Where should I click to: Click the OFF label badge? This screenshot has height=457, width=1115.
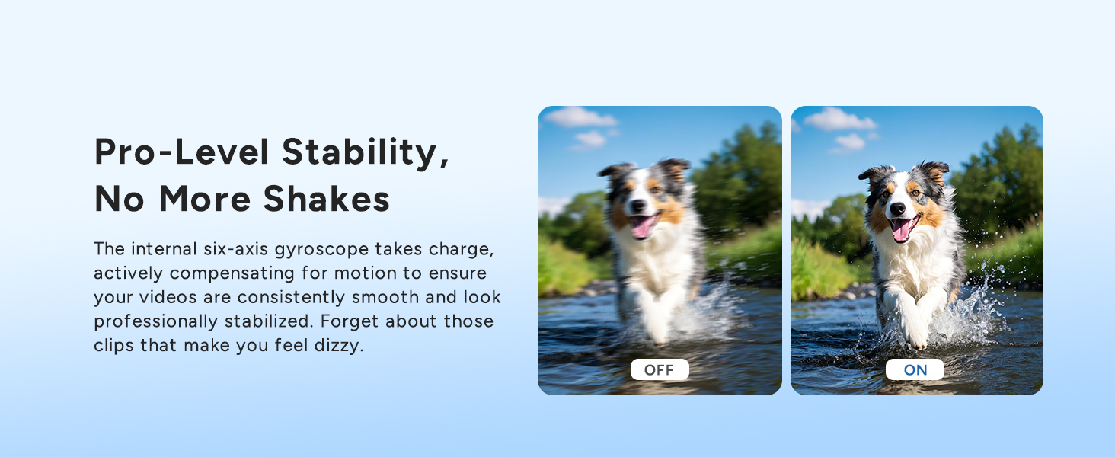(x=660, y=369)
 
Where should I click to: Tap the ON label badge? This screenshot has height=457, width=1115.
(x=915, y=369)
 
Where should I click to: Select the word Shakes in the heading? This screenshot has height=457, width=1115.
(x=327, y=199)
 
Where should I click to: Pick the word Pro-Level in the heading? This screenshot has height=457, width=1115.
(x=182, y=152)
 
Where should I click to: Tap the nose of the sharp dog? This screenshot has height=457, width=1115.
(x=897, y=209)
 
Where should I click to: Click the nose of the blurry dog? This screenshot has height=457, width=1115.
(x=638, y=206)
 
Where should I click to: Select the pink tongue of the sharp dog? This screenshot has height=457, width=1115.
(x=902, y=229)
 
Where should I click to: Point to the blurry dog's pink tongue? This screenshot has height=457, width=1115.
(x=641, y=226)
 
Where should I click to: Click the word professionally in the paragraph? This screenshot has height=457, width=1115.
(x=156, y=321)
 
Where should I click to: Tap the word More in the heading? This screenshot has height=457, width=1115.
(x=205, y=199)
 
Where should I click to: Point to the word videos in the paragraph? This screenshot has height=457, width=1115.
(x=168, y=297)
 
